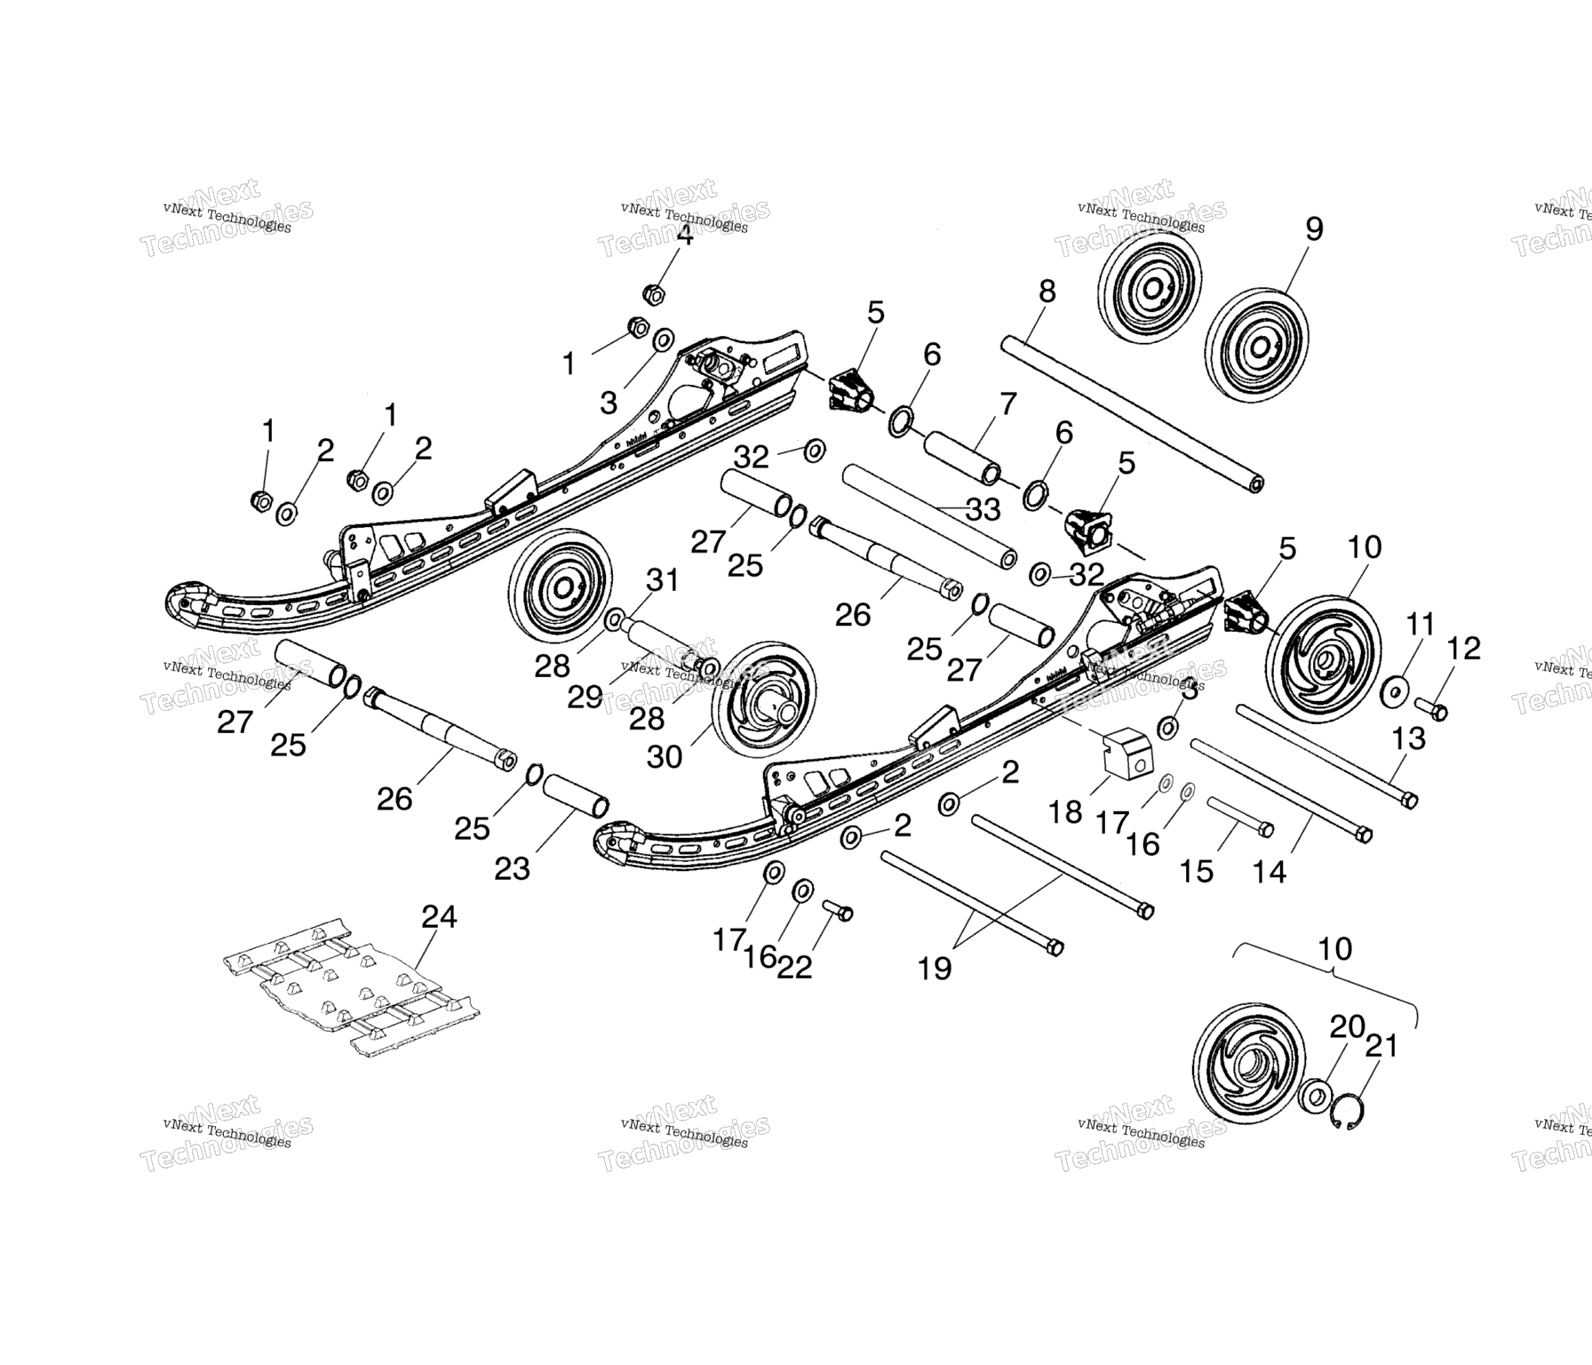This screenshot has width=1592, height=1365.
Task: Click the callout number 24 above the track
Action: click(439, 916)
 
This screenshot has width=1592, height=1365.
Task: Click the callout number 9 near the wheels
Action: click(1314, 228)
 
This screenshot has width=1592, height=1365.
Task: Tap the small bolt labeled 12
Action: click(1431, 710)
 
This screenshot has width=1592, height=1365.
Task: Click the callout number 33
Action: click(983, 509)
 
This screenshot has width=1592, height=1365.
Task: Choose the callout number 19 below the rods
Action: click(934, 968)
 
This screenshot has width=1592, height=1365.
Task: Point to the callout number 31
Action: click(662, 580)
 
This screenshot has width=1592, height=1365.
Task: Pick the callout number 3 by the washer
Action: click(609, 403)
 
